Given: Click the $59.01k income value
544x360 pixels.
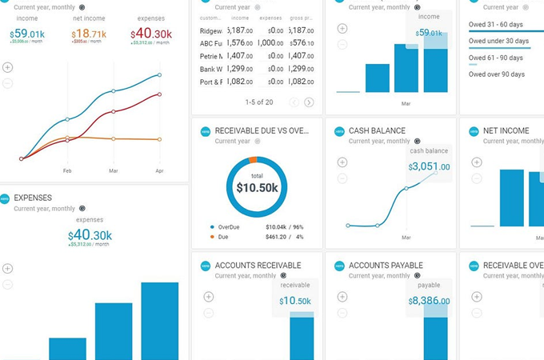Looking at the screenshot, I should (x=27, y=34).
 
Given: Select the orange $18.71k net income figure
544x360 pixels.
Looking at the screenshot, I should (x=89, y=34).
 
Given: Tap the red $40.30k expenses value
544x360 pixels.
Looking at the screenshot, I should (x=151, y=34).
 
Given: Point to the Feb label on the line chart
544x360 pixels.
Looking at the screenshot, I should (x=67, y=170).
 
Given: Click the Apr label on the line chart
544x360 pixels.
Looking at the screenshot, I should (x=159, y=170).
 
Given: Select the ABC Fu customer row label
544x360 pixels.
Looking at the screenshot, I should (x=211, y=43).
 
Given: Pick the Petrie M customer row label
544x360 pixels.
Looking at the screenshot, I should (x=211, y=56).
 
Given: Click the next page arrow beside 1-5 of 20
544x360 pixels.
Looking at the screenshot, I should (x=309, y=102).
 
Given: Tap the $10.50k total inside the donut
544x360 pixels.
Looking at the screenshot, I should (x=257, y=188).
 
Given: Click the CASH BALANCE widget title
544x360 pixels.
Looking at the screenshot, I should (x=377, y=130).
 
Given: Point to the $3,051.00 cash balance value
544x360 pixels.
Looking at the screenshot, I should (x=429, y=167).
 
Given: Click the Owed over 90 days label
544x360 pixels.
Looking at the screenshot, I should (x=497, y=74).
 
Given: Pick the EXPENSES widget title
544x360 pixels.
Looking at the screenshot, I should (x=33, y=197).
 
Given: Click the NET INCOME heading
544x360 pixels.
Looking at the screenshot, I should (x=506, y=130).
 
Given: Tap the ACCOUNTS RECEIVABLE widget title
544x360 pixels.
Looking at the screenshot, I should (x=258, y=266).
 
